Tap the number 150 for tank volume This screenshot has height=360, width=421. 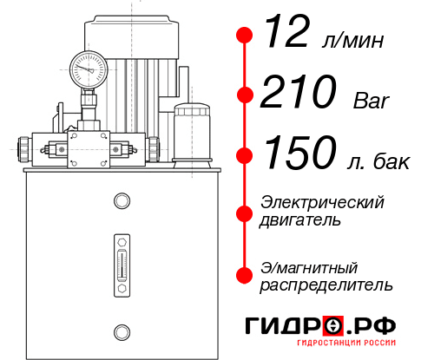298,154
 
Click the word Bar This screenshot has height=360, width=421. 372,100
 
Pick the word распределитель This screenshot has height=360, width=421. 326,284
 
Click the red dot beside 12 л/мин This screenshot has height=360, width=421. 245,36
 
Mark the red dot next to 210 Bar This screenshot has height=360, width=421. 245,94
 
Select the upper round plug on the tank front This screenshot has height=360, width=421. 121,202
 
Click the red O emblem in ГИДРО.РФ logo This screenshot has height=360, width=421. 335,326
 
